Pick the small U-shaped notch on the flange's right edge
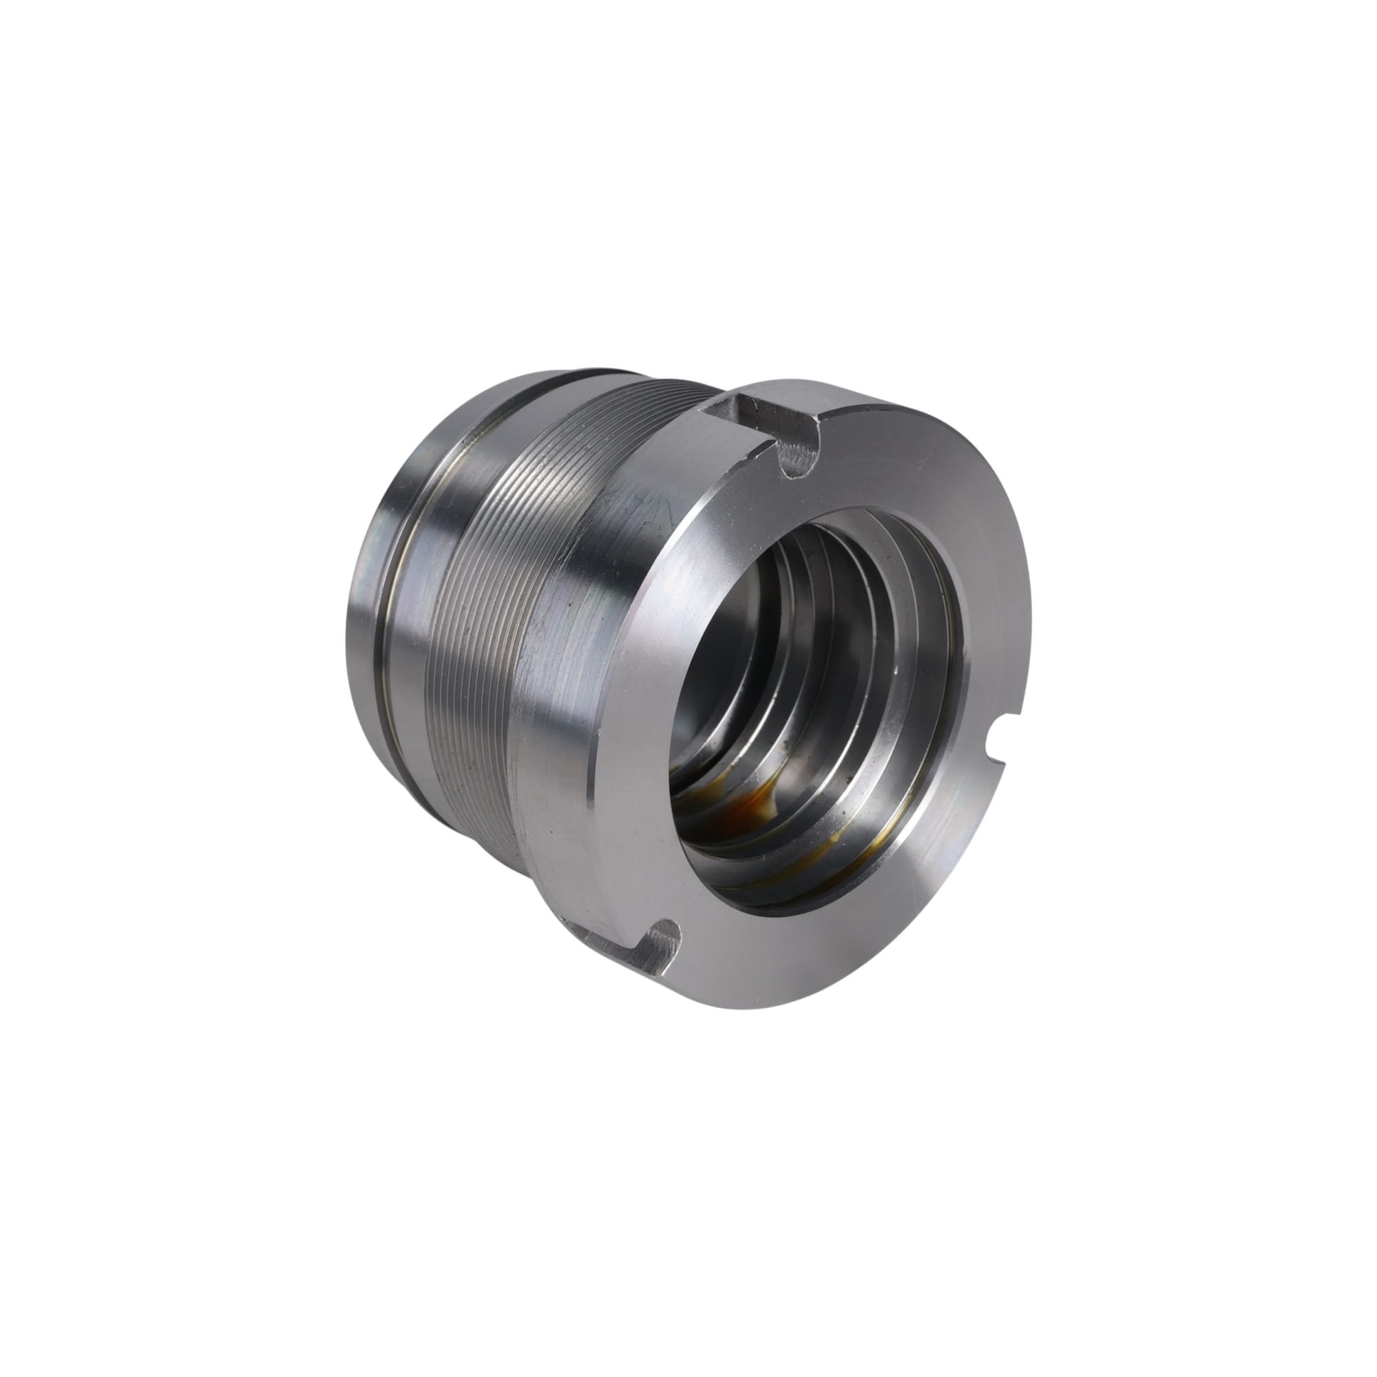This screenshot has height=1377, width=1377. (x=998, y=757)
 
